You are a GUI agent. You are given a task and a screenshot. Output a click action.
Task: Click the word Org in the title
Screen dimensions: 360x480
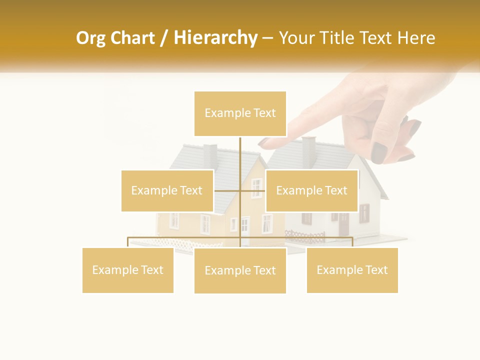click(x=90, y=38)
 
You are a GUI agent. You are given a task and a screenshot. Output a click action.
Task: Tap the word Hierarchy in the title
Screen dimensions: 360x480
click(x=215, y=38)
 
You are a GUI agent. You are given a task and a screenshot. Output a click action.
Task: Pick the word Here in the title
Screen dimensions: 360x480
click(x=416, y=38)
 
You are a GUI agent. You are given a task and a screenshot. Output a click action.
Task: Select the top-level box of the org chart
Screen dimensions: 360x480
click(x=240, y=113)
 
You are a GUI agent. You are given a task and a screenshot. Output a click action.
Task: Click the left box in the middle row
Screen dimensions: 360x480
click(x=167, y=190)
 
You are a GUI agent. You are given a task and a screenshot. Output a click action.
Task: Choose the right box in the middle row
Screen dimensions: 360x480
click(x=311, y=190)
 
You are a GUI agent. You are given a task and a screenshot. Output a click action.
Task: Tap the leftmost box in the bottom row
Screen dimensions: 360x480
click(x=127, y=270)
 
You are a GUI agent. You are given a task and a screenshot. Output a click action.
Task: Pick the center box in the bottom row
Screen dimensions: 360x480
click(x=240, y=270)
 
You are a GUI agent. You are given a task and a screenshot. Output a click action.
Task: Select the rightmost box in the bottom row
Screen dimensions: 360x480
click(x=352, y=270)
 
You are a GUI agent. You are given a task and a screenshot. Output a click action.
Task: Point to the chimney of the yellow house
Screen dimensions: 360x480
click(x=210, y=155)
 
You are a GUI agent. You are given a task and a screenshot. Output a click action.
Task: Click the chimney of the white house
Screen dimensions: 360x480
click(x=309, y=150)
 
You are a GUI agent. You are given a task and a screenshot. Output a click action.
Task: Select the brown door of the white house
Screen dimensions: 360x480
click(x=343, y=224)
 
